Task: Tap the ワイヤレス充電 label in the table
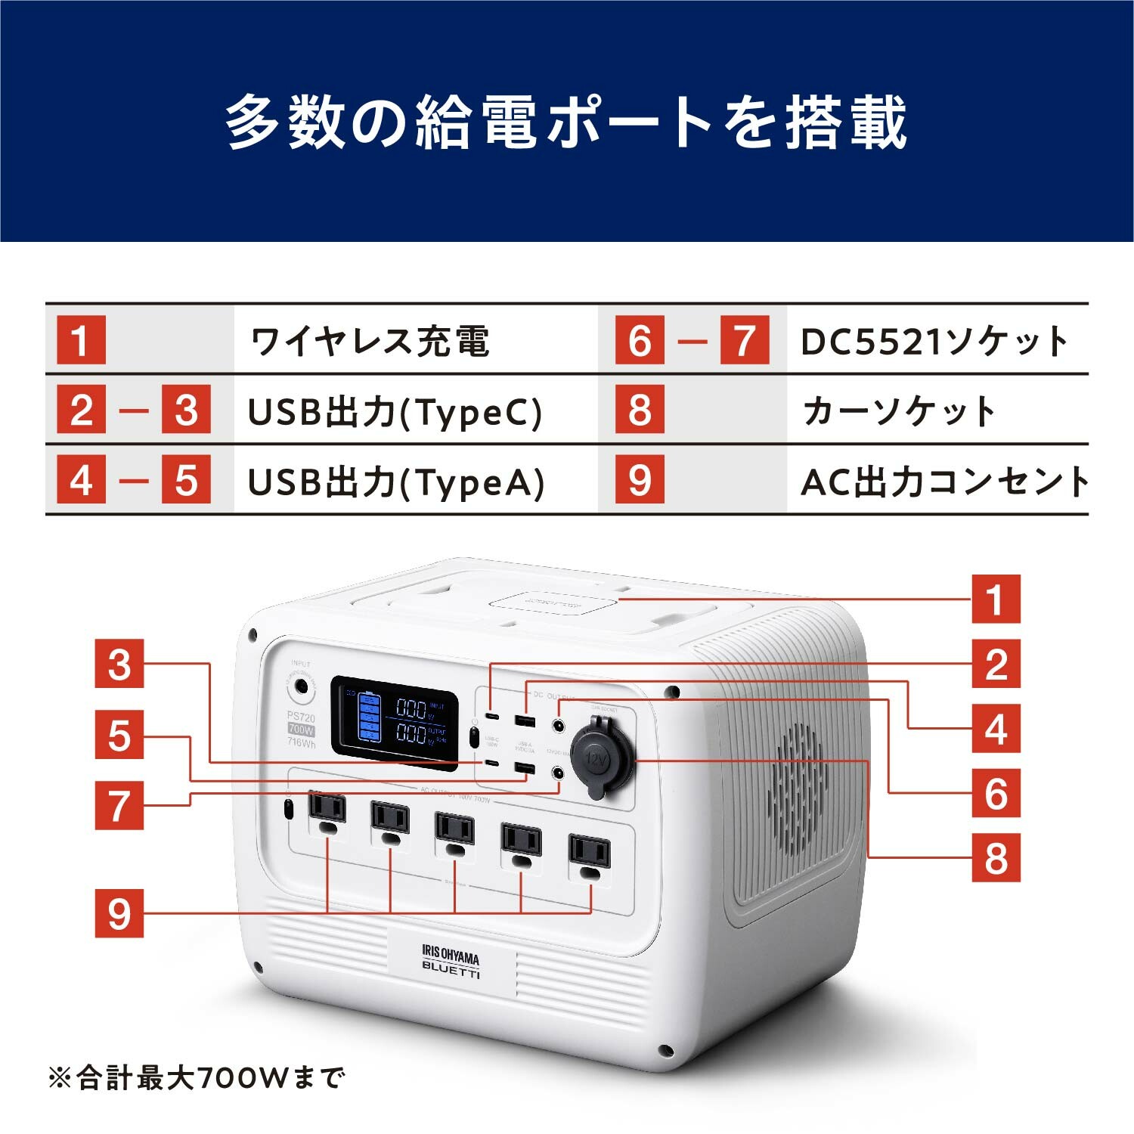coord(370,341)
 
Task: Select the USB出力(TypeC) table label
coord(395,412)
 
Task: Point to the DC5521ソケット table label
coord(934,341)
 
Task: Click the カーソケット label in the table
coord(899,412)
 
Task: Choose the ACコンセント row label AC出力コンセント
coord(944,482)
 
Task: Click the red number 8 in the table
coord(640,411)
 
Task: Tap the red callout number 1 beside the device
coord(996,599)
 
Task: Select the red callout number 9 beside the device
coord(119,913)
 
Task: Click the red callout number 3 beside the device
coord(119,664)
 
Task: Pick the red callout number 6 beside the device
coord(996,793)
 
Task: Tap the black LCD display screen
coord(395,722)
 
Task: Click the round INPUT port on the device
coord(300,687)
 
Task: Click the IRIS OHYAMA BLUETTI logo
coord(451,962)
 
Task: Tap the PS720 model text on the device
coord(301,717)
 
